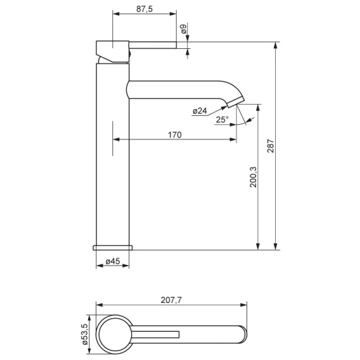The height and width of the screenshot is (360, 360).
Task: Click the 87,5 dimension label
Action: click(x=145, y=9)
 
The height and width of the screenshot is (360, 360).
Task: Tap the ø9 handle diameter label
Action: click(x=184, y=29)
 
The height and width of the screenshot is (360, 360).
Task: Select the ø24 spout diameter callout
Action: click(x=200, y=111)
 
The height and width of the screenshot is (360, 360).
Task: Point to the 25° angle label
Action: click(x=222, y=119)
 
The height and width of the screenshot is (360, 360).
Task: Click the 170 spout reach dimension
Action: click(x=175, y=135)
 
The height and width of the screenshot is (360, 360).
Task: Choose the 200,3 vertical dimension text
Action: click(x=254, y=177)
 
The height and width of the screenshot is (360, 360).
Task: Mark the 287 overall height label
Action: click(x=271, y=146)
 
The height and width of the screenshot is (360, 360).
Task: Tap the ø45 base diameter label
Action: click(x=113, y=261)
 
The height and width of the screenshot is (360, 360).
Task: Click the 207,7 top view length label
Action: click(x=171, y=300)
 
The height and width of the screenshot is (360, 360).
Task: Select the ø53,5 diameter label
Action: click(x=84, y=334)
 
